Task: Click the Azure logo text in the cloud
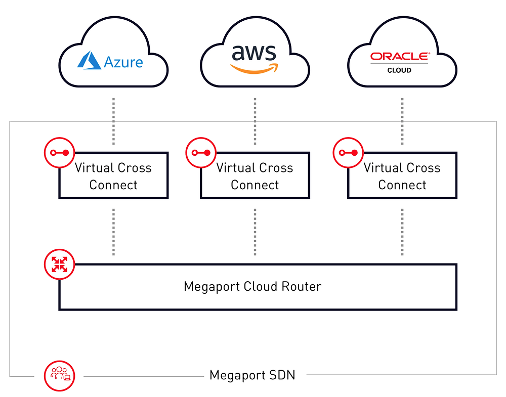(123, 62)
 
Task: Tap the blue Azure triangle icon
(89, 60)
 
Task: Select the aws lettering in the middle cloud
(254, 53)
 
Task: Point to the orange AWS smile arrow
(254, 69)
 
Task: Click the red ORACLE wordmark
(399, 57)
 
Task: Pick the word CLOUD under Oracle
(399, 70)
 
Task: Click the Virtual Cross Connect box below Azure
(113, 176)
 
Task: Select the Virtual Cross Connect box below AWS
(255, 176)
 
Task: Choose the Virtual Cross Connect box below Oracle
(402, 176)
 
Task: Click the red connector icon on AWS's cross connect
(201, 152)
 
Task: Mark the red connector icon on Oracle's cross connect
(348, 152)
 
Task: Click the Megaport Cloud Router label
(252, 287)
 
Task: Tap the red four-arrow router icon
(60, 264)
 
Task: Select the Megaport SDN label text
(252, 375)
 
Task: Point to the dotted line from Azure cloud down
(113, 121)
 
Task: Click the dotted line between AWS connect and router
(255, 231)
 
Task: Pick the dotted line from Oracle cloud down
(402, 121)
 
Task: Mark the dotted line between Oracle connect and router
(402, 231)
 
